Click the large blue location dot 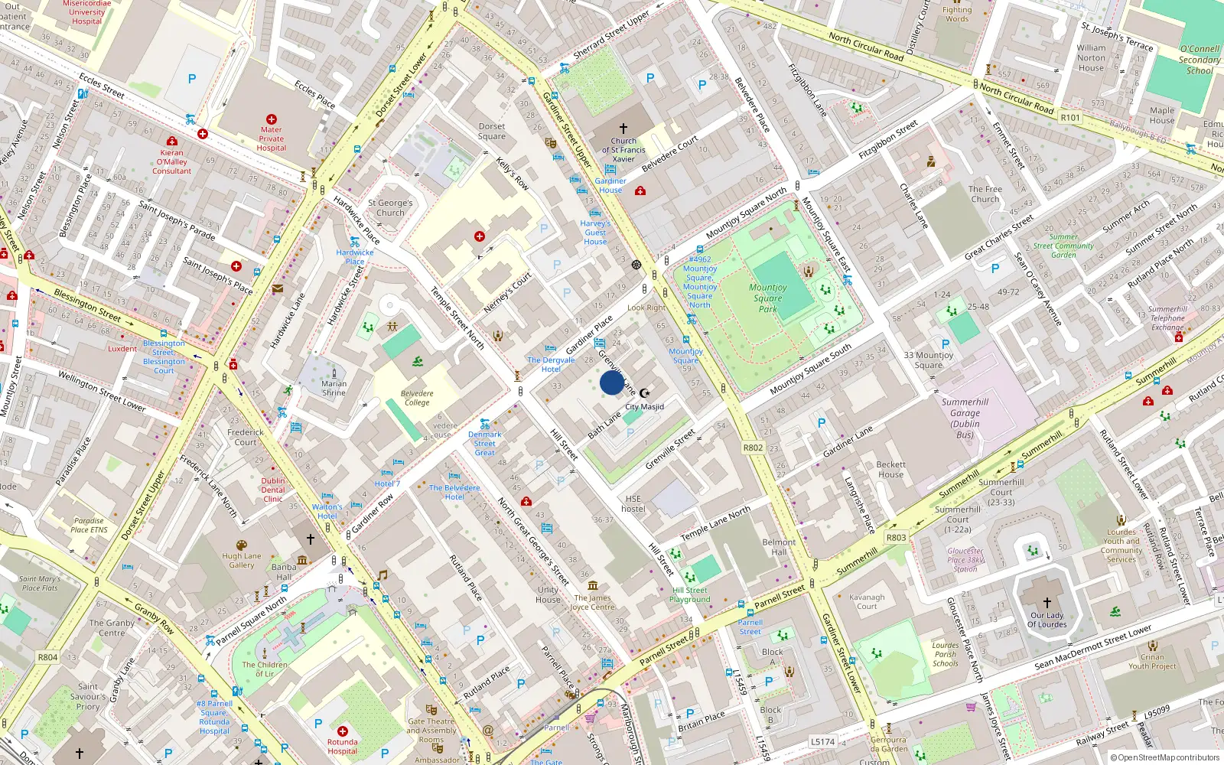point(612,382)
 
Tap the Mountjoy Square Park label point(768,298)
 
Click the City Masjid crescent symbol point(644,393)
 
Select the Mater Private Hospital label point(272,138)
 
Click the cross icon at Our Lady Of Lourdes point(1047,602)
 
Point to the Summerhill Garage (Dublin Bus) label point(965,418)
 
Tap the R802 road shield point(753,448)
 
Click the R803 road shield point(896,537)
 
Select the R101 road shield point(1070,117)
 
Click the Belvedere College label point(417,398)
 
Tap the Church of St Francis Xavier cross point(623,129)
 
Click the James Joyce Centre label point(593,603)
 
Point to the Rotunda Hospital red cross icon point(342,731)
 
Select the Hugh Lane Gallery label point(242,561)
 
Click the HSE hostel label point(633,503)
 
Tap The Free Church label point(985,194)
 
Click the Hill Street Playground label point(690,594)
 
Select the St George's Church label point(390,208)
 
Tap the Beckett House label point(890,469)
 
